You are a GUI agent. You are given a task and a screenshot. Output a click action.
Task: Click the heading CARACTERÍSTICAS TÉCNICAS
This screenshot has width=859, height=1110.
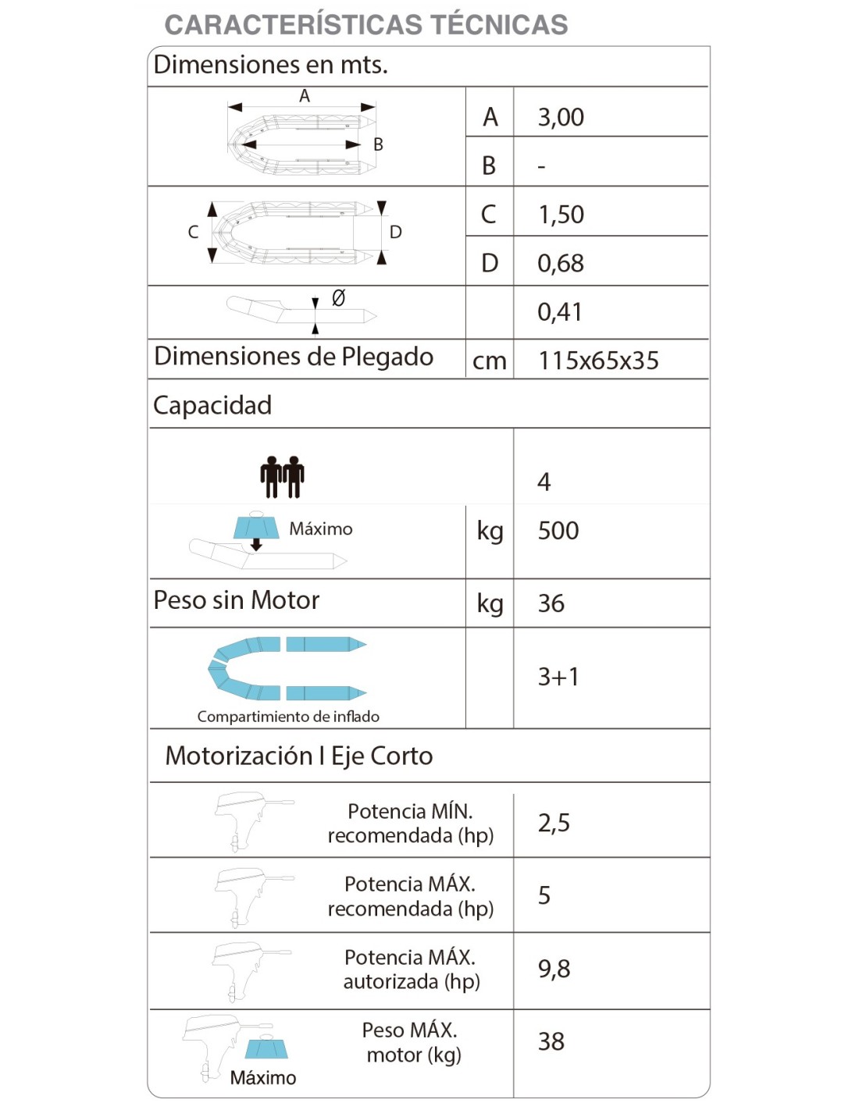click(x=365, y=25)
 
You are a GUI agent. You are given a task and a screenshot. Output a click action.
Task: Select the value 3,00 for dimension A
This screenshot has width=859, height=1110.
click(x=561, y=117)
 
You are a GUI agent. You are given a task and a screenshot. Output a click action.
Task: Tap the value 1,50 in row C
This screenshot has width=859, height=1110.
click(x=561, y=215)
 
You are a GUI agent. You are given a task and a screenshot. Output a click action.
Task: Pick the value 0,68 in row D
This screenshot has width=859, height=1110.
click(x=561, y=264)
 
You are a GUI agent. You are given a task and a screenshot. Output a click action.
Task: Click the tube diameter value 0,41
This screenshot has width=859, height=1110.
click(x=560, y=312)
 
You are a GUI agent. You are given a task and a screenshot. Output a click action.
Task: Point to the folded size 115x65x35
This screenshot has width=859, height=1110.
click(x=598, y=361)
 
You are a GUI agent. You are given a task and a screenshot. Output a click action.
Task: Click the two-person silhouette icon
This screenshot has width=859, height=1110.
click(x=282, y=477)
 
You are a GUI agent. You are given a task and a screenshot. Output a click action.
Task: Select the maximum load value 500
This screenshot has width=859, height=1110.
click(x=558, y=531)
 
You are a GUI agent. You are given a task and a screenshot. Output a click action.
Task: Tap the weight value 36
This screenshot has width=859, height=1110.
click(x=551, y=603)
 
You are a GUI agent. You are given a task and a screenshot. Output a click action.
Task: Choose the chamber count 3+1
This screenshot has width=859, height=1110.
click(x=558, y=677)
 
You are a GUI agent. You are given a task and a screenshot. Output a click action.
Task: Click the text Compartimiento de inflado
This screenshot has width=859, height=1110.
click(x=288, y=717)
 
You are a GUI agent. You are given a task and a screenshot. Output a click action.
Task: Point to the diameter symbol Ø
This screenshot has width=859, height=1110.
click(x=338, y=298)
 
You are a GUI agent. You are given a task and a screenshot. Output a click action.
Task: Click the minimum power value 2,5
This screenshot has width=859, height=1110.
click(x=554, y=823)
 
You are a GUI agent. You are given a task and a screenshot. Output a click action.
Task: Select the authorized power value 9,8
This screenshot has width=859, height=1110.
click(x=554, y=969)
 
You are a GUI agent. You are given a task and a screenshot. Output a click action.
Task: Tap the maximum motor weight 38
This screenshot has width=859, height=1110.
click(x=551, y=1041)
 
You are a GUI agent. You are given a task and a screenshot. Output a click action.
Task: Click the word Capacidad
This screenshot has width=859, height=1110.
click(x=212, y=405)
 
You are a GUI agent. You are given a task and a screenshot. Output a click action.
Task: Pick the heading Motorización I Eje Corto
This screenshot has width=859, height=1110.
click(x=299, y=756)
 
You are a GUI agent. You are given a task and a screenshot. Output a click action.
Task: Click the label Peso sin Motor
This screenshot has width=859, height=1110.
click(x=237, y=600)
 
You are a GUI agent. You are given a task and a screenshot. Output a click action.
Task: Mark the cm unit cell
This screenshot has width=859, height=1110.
click(x=490, y=361)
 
